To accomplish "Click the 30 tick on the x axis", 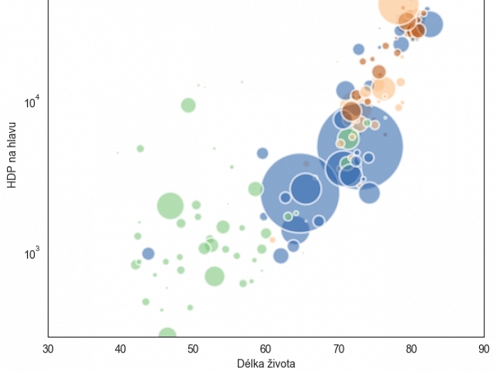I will click(48, 349).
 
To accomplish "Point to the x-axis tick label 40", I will click(121, 349).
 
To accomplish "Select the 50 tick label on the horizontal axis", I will click(193, 349).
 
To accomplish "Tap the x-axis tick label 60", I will click(266, 349).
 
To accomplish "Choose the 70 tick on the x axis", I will click(339, 349).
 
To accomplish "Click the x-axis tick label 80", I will click(411, 349).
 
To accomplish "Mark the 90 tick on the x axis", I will click(484, 349).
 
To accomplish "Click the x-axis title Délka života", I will click(266, 364).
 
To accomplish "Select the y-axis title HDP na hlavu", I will click(11, 154).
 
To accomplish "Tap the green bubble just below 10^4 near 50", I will click(188, 105).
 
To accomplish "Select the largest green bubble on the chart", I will click(170, 206).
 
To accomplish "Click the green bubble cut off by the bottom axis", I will click(168, 333).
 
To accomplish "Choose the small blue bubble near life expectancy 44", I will click(148, 254).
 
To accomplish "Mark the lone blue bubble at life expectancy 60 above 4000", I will click(263, 153).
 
